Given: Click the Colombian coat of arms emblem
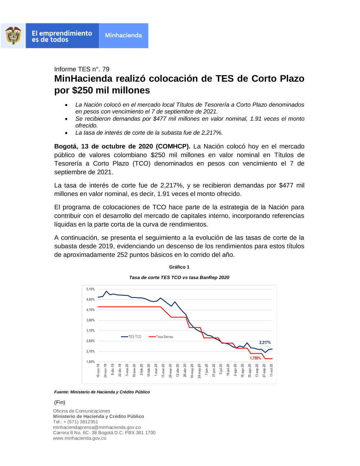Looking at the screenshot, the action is (x=13, y=35).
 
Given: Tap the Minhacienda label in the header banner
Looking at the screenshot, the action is (x=123, y=35).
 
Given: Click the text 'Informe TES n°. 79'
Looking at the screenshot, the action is (x=82, y=69).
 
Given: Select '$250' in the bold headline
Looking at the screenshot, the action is (x=82, y=90).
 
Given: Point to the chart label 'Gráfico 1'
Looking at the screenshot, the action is (x=179, y=267).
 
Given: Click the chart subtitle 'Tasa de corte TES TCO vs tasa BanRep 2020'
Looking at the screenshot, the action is (x=179, y=278).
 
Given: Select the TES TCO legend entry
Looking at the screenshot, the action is (x=131, y=337).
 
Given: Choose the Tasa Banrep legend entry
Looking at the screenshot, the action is (x=161, y=337).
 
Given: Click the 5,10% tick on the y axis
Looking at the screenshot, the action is (x=90, y=289).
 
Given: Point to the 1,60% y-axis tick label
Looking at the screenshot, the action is (x=90, y=362).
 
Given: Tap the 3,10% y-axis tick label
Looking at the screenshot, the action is (x=90, y=331).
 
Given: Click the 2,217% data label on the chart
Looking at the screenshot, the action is (x=265, y=342).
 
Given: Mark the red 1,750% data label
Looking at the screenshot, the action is (x=256, y=358).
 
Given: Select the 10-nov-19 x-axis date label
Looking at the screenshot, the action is (x=98, y=371).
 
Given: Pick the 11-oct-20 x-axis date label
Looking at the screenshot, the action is (x=271, y=370).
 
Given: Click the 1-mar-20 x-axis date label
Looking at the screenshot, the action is (x=156, y=370).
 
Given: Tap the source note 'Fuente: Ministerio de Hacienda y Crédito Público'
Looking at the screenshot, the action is (x=102, y=392).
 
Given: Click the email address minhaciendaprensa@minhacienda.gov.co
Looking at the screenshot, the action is (x=97, y=427).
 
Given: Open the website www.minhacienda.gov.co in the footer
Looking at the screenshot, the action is (x=80, y=438).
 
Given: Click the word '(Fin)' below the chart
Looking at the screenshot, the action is (x=59, y=402).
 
